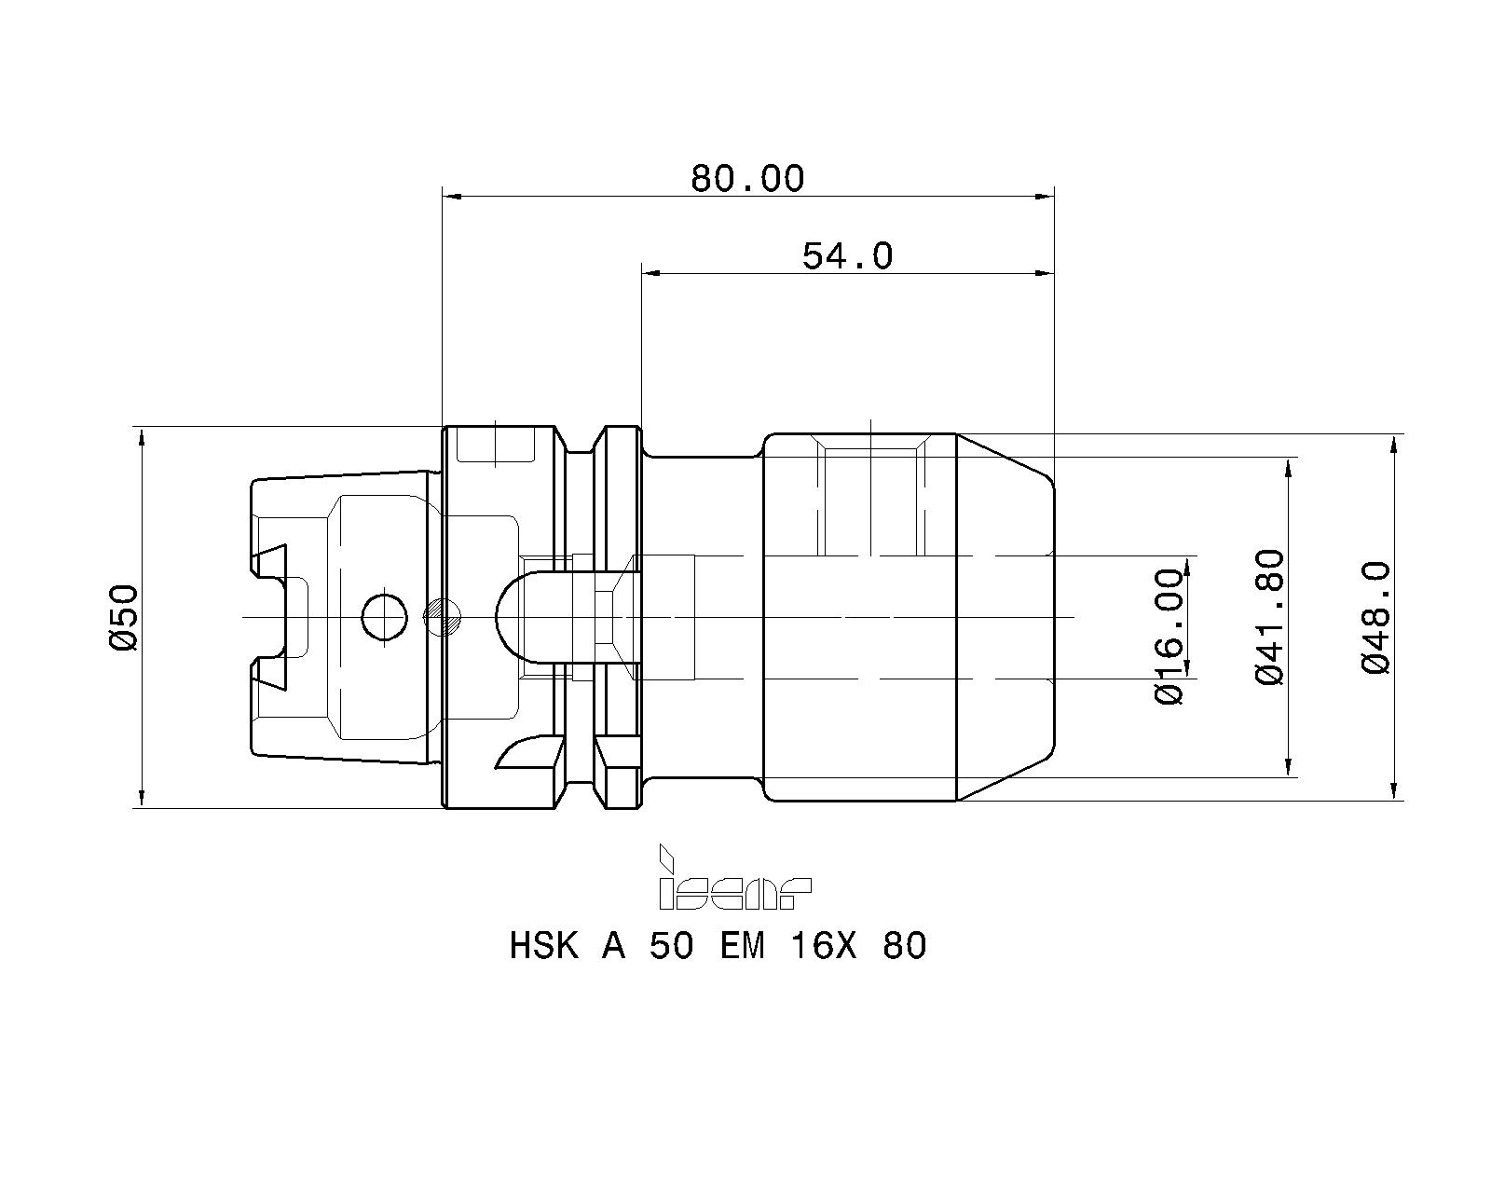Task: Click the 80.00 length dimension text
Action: pos(746,177)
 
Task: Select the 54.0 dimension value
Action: pos(847,254)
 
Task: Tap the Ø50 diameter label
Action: pos(123,617)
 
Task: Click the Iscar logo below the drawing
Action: pos(734,880)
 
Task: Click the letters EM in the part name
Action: pos(742,947)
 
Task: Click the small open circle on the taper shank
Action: pos(384,616)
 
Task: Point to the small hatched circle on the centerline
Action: pos(444,615)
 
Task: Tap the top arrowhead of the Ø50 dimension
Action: pos(141,437)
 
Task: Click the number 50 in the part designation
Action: pos(671,947)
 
